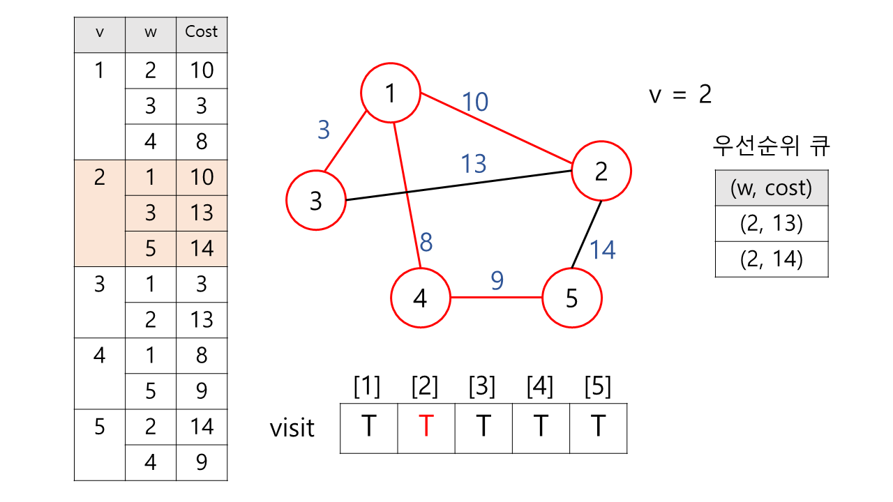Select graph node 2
click(601, 171)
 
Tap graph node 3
click(316, 201)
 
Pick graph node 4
click(420, 298)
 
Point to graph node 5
click(572, 298)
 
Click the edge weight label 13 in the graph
click(473, 165)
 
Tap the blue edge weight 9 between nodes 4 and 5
click(497, 280)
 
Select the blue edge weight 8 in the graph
click(426, 243)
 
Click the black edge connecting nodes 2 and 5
click(587, 234)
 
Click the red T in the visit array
click(426, 426)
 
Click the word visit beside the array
click(292, 427)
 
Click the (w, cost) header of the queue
click(772, 188)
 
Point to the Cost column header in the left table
click(202, 32)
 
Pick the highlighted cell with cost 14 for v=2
click(202, 249)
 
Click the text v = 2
click(680, 94)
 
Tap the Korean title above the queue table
click(772, 147)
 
